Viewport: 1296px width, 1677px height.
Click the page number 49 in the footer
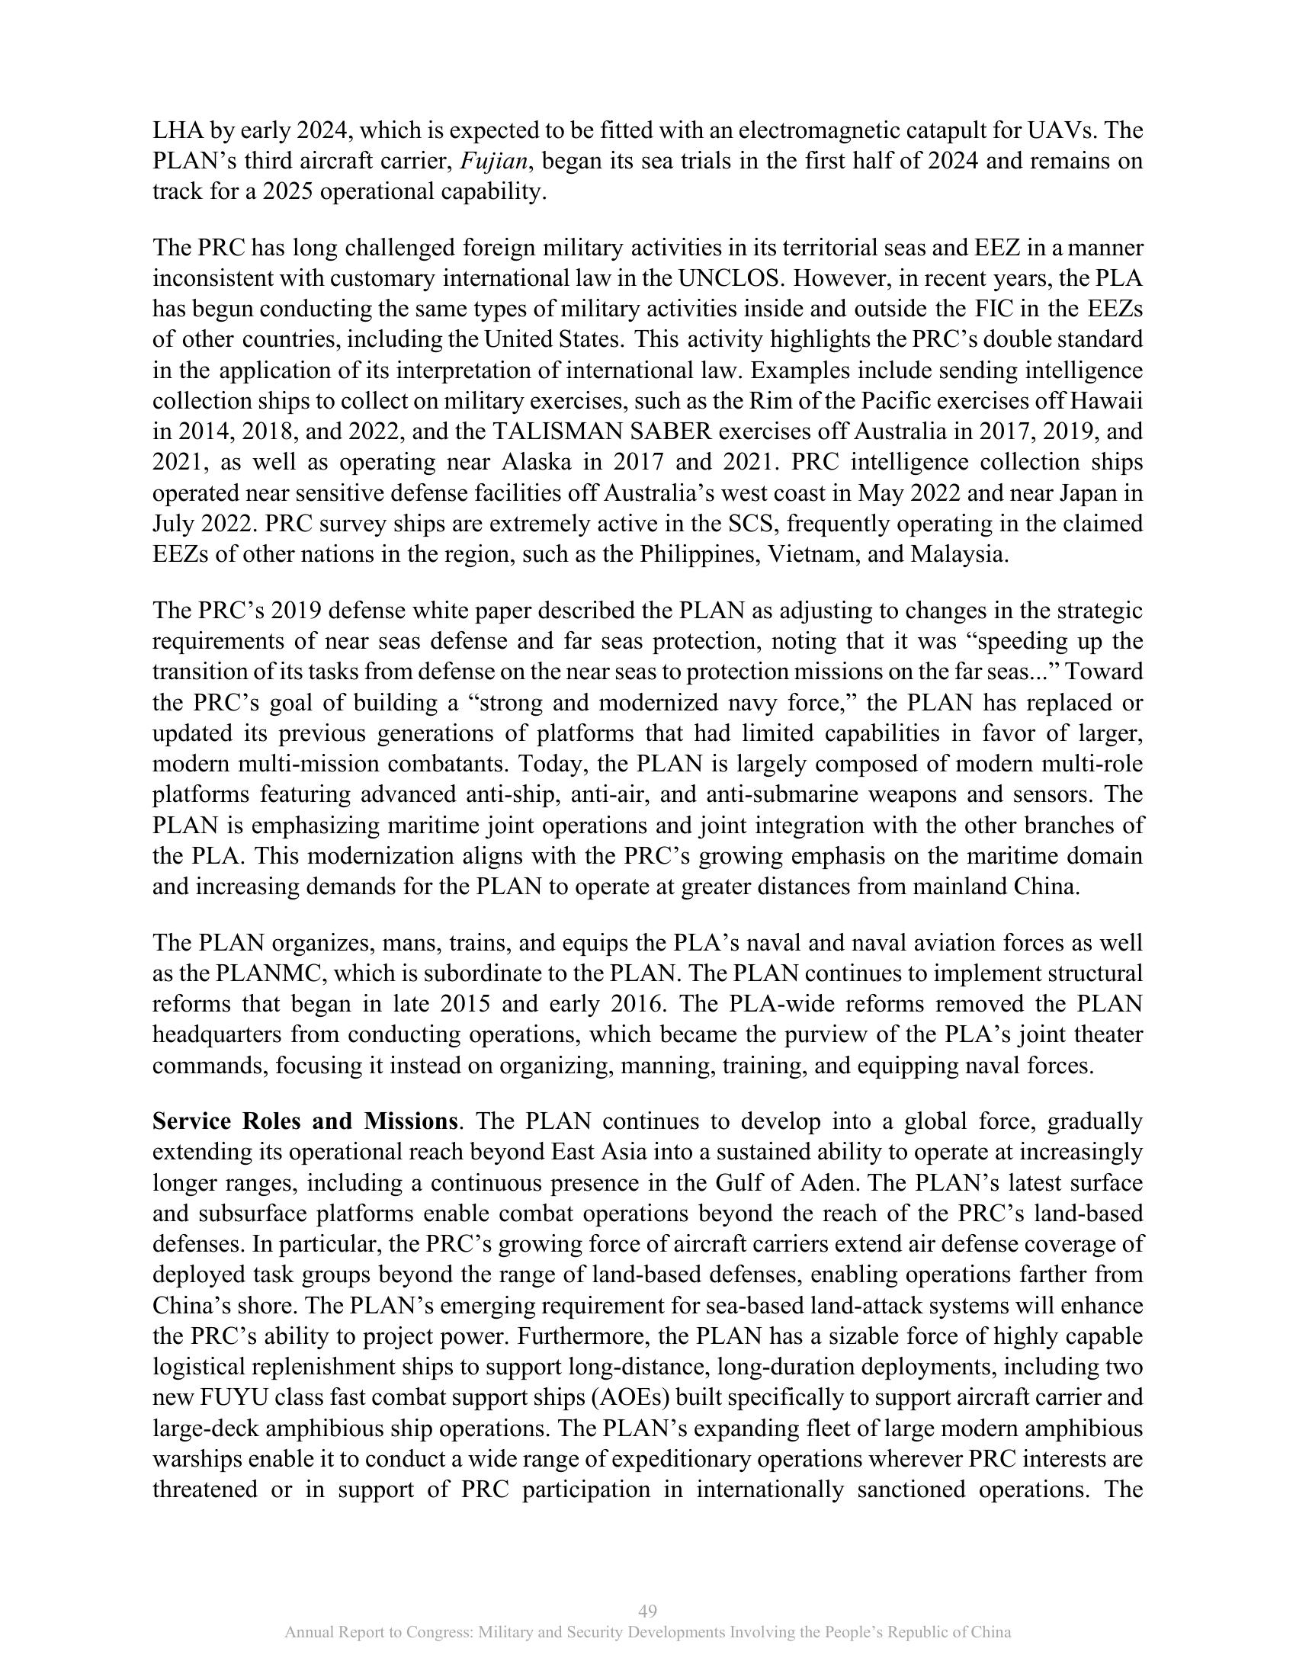(647, 1611)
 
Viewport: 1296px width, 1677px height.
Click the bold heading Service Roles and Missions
(306, 1121)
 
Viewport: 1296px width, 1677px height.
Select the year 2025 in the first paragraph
(288, 192)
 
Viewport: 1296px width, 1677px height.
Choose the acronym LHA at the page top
(178, 130)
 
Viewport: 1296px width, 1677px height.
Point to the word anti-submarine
(779, 795)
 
